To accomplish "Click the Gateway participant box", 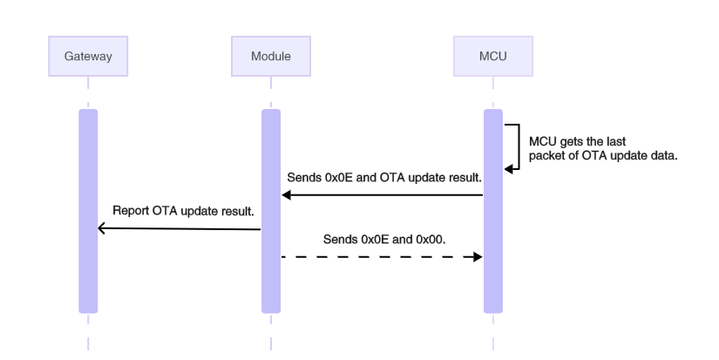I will [88, 57].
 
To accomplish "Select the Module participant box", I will [270, 57].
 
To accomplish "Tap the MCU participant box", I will [492, 57].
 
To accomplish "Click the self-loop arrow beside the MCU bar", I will [519, 146].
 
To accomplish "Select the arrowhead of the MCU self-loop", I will [508, 169].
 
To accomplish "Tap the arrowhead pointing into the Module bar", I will [285, 195].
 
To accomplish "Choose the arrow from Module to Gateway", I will [180, 228].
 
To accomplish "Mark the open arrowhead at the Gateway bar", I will [102, 228].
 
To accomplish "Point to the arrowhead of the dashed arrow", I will [478, 257].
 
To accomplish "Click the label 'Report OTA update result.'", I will [182, 210].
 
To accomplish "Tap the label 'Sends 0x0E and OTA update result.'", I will [384, 178].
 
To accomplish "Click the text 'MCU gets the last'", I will [578, 140].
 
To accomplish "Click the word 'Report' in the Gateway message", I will [131, 210].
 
